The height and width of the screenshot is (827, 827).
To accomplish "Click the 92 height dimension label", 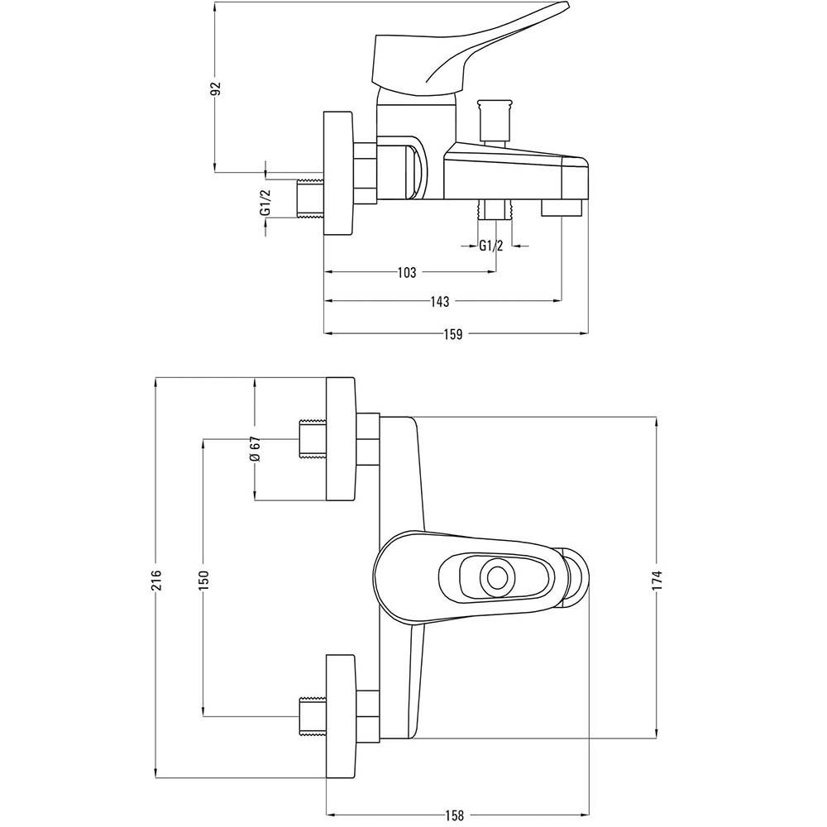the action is [216, 88].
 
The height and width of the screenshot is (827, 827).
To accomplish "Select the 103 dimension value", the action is [406, 272].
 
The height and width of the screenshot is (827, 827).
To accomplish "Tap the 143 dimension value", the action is [439, 301].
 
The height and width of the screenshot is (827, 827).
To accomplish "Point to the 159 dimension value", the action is [452, 334].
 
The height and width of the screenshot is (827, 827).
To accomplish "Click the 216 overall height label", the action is [157, 581].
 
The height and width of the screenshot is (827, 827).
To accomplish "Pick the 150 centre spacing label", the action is [204, 581].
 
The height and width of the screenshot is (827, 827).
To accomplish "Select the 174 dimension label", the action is [657, 581].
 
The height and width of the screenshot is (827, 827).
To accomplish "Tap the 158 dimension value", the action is [454, 815].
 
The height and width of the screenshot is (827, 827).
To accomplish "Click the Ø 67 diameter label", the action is [256, 449].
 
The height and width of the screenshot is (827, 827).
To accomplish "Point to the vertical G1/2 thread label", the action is [265, 202].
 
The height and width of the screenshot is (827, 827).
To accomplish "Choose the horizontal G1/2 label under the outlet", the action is [491, 246].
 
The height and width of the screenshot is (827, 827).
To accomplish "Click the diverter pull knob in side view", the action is [495, 122].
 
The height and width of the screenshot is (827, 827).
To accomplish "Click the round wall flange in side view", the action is [338, 173].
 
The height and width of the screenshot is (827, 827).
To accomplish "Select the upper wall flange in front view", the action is [340, 439].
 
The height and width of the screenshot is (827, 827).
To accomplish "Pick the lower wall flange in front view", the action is [340, 716].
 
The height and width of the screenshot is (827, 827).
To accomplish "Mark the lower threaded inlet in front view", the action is [313, 716].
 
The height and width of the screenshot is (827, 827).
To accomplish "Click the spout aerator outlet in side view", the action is [561, 208].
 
